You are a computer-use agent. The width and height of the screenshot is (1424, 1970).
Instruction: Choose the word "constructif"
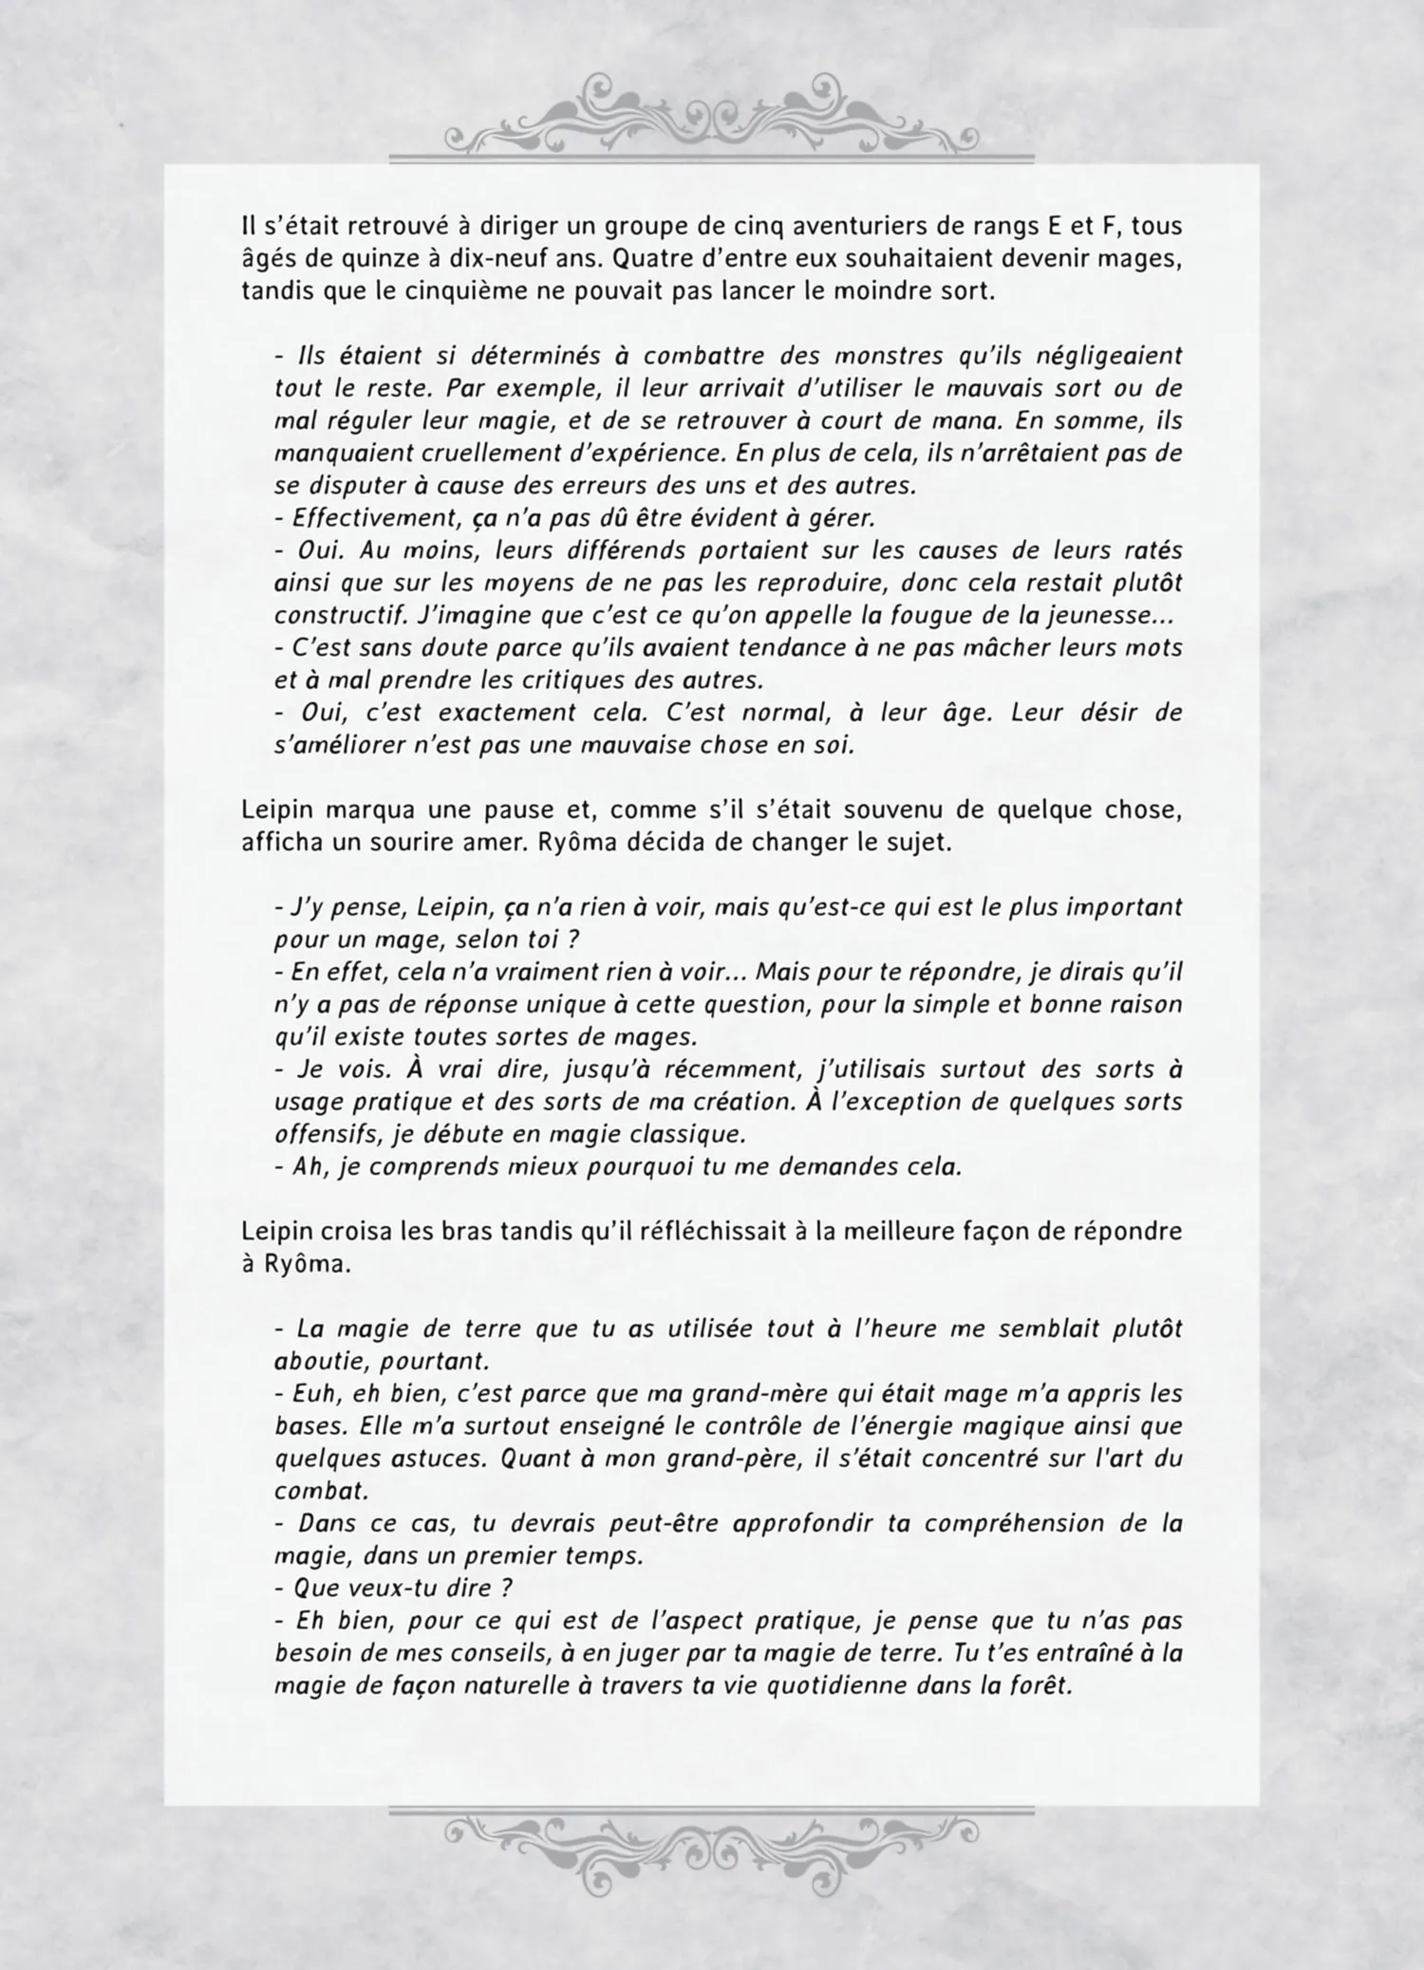[x=338, y=616]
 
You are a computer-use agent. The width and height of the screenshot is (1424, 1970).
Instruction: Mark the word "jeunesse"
[x=1114, y=616]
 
